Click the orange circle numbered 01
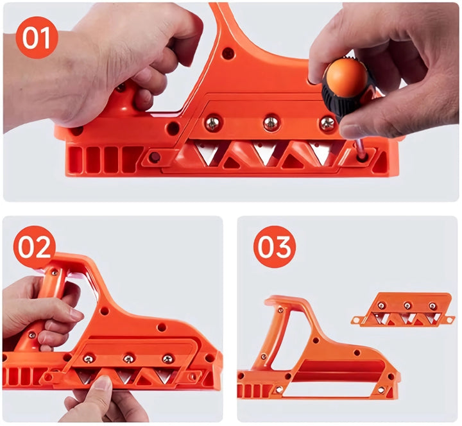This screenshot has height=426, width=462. (37, 37)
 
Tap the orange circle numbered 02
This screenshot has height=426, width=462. (35, 247)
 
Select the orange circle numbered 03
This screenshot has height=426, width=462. (275, 247)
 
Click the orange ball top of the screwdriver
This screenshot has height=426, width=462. (346, 73)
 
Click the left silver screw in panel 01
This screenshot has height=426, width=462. (212, 124)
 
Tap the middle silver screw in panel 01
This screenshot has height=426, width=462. (271, 123)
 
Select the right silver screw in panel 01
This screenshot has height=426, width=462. (327, 123)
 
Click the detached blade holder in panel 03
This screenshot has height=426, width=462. (403, 310)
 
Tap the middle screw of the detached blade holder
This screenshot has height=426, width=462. (407, 305)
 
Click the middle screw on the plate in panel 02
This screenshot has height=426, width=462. (128, 359)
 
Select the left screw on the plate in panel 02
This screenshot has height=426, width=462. (88, 359)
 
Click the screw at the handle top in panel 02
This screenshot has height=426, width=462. (54, 273)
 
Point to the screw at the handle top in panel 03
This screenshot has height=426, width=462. (280, 311)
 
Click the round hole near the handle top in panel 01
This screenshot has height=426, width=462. (228, 53)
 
